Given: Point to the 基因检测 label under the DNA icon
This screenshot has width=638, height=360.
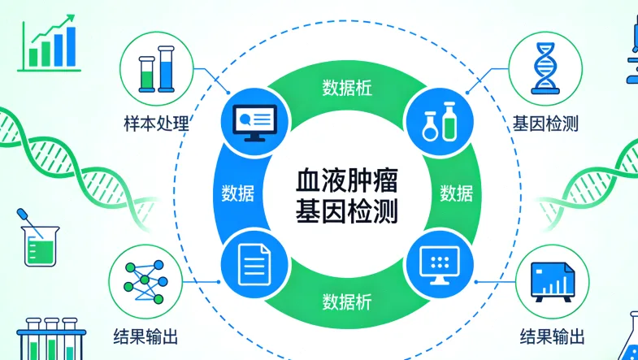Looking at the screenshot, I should click(545, 124).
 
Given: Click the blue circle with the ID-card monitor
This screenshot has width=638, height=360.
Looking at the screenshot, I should click(254, 119).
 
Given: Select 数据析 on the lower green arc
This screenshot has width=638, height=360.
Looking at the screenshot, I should click(345, 301).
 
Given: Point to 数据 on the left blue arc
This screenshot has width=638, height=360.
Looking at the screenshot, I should click(237, 194).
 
